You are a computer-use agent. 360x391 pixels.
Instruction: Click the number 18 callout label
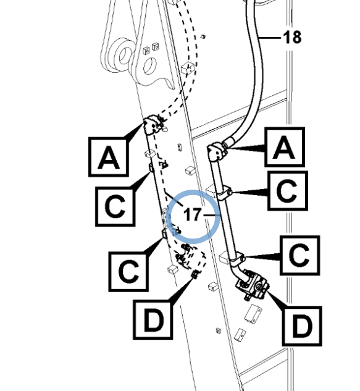(x=292, y=38)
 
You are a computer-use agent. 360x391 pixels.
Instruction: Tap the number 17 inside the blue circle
(x=192, y=215)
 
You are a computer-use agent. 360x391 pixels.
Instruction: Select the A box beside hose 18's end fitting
(x=285, y=147)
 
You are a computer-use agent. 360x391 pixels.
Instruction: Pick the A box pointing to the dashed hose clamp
(x=109, y=157)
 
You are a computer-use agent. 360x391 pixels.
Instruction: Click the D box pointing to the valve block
(x=302, y=326)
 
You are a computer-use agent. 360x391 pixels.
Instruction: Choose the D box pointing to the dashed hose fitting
(x=153, y=319)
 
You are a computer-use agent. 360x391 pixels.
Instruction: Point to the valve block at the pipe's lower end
(x=252, y=285)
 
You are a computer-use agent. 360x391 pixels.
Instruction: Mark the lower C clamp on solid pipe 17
(x=237, y=259)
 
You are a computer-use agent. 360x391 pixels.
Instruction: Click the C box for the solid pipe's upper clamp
(x=288, y=191)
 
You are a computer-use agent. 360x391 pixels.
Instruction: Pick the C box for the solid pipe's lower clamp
(x=300, y=255)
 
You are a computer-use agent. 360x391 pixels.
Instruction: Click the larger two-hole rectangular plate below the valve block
(x=253, y=314)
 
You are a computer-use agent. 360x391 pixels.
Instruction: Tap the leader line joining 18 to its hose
(x=270, y=38)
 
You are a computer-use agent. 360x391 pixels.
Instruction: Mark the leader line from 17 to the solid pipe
(x=212, y=215)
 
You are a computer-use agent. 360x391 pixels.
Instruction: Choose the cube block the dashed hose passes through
(x=188, y=69)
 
